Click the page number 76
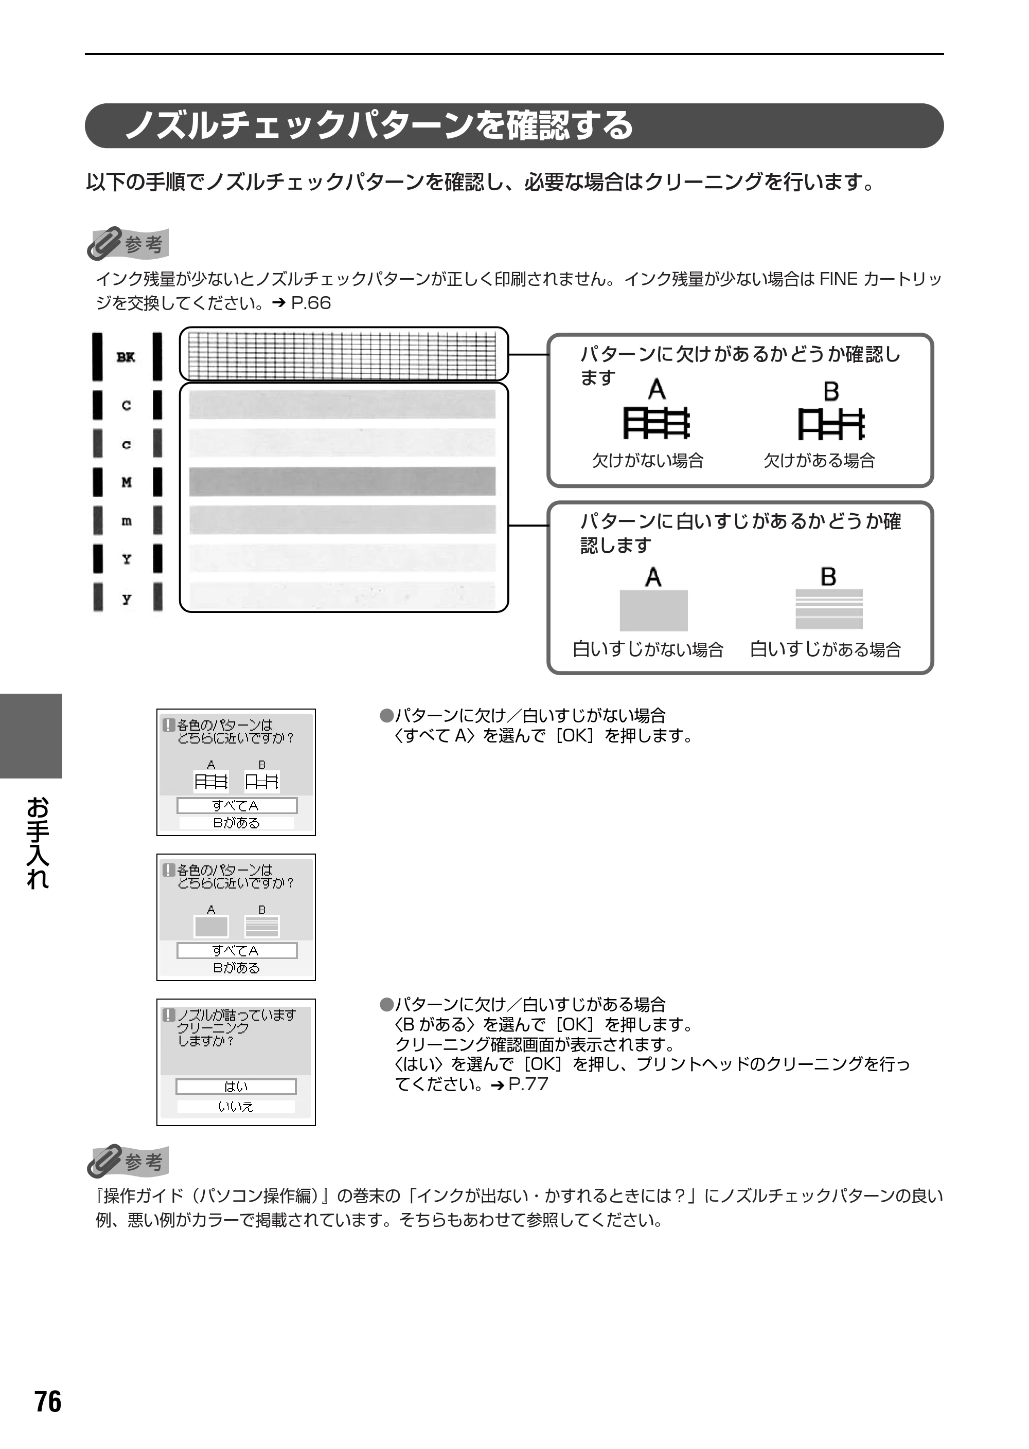tap(48, 1402)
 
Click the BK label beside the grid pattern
tap(126, 357)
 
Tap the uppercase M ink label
tap(127, 483)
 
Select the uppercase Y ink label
tap(127, 559)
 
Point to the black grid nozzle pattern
tap(343, 355)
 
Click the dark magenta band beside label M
tap(342, 481)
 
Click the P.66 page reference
tap(310, 303)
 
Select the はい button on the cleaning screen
tap(236, 1087)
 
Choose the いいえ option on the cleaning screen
tap(236, 1107)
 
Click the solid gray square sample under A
tap(653, 610)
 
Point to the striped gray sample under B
tap(829, 609)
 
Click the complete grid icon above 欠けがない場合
tap(657, 424)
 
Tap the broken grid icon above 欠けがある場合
tap(831, 424)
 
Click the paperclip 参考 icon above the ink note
tap(128, 244)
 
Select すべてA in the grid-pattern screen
tap(236, 806)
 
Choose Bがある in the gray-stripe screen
tap(236, 968)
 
